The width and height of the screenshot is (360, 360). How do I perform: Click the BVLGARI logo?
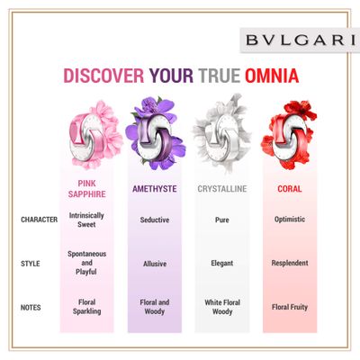[301, 40]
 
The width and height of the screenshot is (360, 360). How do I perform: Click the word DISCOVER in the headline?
[103, 76]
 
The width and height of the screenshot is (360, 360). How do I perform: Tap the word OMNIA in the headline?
[272, 76]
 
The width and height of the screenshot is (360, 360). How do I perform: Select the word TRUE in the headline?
[219, 76]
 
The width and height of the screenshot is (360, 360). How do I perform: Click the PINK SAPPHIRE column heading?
[87, 189]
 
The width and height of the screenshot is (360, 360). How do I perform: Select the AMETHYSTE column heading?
[155, 189]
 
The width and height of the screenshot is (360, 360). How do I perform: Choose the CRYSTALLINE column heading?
[222, 189]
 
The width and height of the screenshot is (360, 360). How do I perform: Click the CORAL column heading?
[290, 189]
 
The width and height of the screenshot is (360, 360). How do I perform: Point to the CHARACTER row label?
[40, 220]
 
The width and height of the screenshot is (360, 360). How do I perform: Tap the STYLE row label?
[31, 264]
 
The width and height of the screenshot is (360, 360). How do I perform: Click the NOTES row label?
[31, 308]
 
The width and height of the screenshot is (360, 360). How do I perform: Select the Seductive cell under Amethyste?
[155, 220]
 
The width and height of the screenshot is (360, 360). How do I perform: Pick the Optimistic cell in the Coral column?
[290, 220]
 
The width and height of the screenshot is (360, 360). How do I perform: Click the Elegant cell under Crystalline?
[222, 264]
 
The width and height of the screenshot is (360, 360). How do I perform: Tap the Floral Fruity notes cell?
[290, 307]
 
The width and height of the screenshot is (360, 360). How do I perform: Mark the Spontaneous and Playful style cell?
[86, 263]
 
